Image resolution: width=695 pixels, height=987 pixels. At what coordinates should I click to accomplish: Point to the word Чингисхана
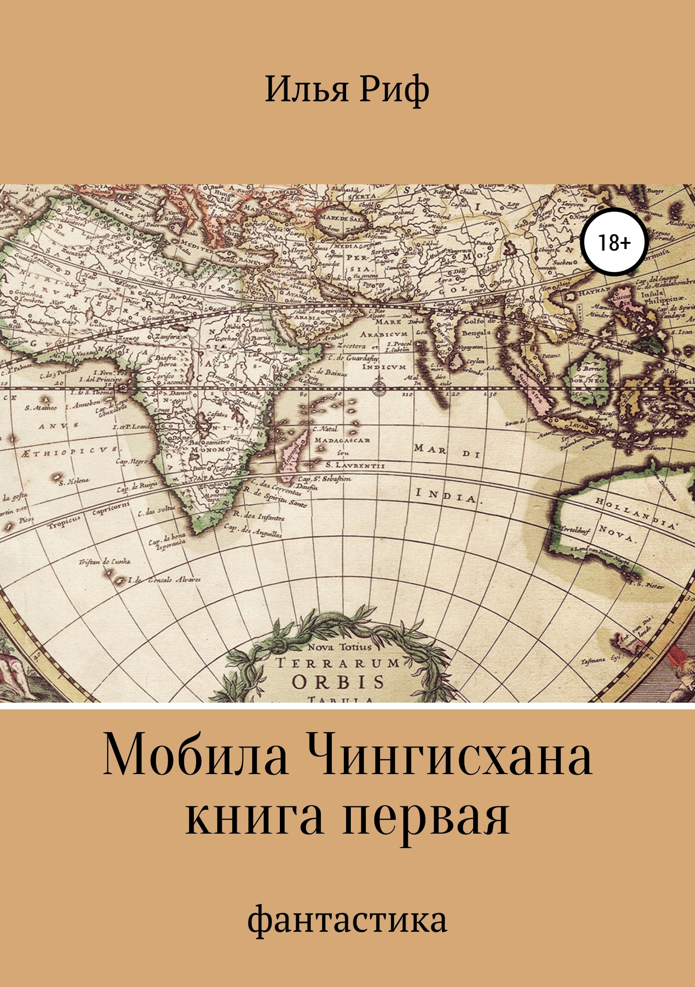[449, 760]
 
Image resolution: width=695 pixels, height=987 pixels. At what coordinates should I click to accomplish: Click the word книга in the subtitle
[254, 820]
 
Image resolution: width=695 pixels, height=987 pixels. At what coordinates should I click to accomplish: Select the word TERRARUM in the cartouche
[338, 663]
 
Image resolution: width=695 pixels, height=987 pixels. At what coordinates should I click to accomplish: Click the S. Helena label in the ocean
[75, 481]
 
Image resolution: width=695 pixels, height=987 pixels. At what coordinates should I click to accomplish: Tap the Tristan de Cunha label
[105, 562]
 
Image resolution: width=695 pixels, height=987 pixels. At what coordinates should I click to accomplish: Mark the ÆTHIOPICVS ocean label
[69, 451]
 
